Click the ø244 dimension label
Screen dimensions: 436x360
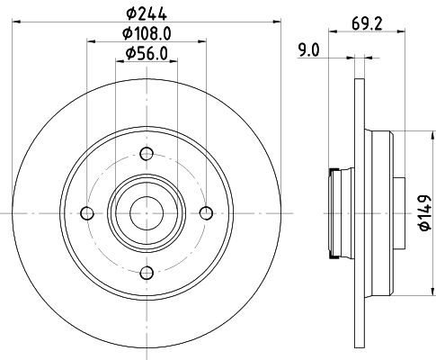pyautogui.click(x=147, y=13)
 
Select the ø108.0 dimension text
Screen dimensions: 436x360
pyautogui.click(x=147, y=33)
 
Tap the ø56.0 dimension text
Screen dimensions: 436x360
pyautogui.click(x=147, y=54)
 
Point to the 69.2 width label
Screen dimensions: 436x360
pyautogui.click(x=367, y=24)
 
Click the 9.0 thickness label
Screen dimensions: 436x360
pyautogui.click(x=309, y=50)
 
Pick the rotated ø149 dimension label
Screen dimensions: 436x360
pyautogui.click(x=425, y=212)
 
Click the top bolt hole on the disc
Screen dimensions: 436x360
pyautogui.click(x=147, y=154)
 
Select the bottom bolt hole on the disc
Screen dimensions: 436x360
pyautogui.click(x=147, y=273)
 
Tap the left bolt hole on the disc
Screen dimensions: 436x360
pyautogui.click(x=87, y=213)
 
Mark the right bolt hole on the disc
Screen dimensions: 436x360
pyautogui.click(x=206, y=213)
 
